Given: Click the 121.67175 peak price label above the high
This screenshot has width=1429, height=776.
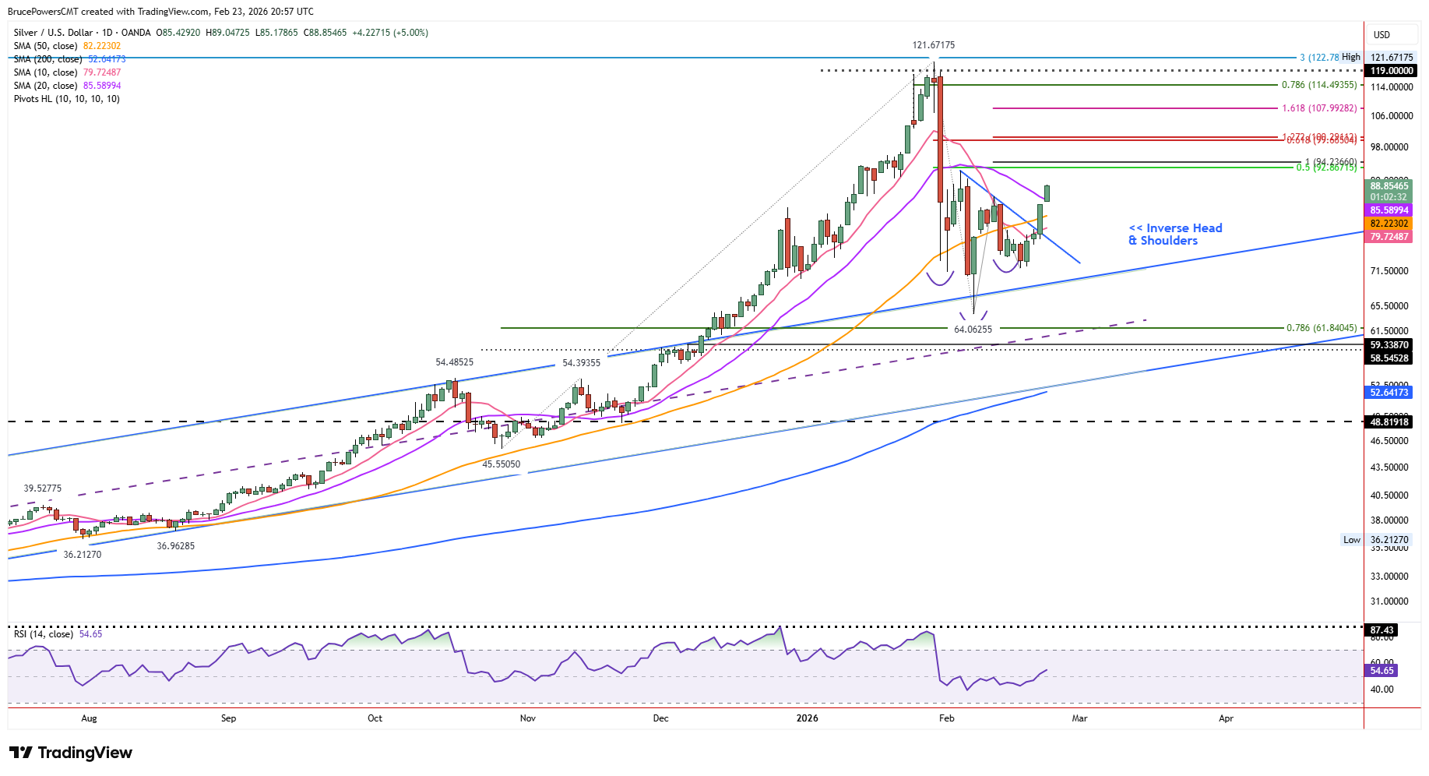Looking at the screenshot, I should click(933, 45).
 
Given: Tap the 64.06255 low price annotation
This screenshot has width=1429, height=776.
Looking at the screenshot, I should click(973, 330).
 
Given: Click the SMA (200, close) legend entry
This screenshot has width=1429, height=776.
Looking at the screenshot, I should click(69, 59).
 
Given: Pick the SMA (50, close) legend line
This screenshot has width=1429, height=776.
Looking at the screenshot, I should click(67, 46).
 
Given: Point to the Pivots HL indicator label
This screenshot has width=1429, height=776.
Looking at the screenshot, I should click(67, 99).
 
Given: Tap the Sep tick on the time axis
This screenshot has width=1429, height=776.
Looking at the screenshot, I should click(228, 718).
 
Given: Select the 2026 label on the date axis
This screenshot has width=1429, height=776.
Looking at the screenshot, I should click(807, 718).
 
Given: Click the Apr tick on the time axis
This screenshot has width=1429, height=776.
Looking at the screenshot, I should click(1226, 718).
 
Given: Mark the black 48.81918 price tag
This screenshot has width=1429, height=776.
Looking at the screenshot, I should click(1389, 422).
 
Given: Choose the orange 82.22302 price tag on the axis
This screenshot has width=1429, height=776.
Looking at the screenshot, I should click(1389, 224).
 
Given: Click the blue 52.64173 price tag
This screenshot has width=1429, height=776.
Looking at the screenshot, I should click(1389, 393).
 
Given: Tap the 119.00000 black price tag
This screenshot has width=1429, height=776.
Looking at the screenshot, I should click(1391, 71).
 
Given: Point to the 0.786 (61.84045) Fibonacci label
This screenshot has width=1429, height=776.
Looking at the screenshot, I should click(1321, 328).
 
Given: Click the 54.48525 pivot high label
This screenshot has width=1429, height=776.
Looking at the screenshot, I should click(454, 362).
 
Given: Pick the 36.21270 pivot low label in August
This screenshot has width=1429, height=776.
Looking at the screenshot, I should click(83, 555).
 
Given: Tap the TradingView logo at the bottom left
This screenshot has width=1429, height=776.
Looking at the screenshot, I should click(71, 753).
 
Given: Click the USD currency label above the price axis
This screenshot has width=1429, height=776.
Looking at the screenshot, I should click(1381, 35).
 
